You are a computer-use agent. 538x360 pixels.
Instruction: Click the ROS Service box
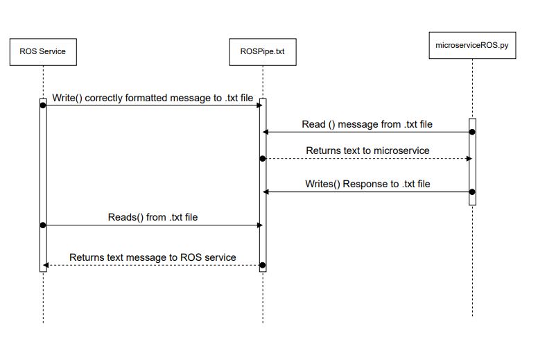point(43,52)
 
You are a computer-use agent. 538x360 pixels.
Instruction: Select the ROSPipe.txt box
point(263,52)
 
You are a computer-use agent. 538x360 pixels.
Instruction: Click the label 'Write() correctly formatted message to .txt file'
point(153,98)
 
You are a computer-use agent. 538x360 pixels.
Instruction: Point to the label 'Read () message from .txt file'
point(367,125)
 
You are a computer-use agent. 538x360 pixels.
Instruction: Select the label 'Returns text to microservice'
point(367,151)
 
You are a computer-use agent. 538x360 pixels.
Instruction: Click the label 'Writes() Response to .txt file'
point(367,185)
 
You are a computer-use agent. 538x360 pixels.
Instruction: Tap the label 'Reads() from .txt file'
point(153,217)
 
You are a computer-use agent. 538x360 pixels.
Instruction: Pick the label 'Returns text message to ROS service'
point(153,257)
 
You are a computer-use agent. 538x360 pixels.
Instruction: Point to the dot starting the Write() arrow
point(43,105)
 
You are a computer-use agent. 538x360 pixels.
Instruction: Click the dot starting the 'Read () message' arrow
point(472,132)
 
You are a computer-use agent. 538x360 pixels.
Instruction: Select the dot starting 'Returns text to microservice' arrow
point(263,159)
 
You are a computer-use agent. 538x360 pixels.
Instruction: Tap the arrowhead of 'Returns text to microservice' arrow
point(469,159)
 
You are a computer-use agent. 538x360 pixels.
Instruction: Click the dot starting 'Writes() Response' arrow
point(472,191)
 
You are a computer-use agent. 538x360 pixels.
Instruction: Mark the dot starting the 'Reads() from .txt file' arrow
point(43,225)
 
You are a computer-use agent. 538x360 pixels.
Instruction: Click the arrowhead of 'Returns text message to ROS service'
point(46,265)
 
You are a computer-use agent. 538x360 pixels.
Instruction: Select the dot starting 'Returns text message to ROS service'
point(263,265)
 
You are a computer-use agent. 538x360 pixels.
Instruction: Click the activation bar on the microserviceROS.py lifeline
point(472,163)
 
